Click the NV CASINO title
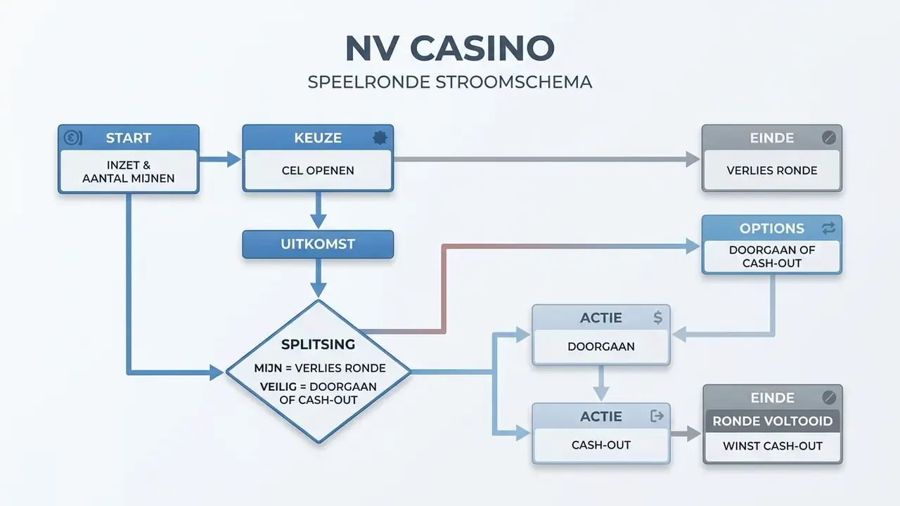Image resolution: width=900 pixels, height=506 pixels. pos(450,48)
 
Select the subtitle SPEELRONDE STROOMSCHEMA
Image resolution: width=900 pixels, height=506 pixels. pos(450,82)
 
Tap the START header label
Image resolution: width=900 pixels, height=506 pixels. pos(129,138)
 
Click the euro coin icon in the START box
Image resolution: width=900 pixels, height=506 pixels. pos(72,138)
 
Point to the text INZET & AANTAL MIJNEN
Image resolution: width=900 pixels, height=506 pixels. pos(129,171)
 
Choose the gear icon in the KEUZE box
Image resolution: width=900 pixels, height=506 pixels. pos(380,138)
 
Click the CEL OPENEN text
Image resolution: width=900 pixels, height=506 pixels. pos(318,171)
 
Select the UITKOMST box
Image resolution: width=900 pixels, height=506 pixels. pos(318,244)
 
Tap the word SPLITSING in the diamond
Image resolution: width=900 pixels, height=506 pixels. pos(318,344)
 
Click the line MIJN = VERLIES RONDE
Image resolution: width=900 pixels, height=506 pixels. pos(320,368)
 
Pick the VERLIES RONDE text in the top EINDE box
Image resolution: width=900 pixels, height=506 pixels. pos(772,171)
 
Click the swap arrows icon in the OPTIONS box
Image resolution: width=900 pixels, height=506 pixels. pos(828,228)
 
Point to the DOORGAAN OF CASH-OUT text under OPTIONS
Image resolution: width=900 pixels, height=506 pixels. pos(772,257)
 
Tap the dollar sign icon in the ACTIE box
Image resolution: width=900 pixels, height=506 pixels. pos(657,318)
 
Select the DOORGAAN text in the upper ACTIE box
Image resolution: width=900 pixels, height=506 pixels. pos(601,346)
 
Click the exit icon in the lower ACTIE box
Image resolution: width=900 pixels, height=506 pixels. pos(657,416)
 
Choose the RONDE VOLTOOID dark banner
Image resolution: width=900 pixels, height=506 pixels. pos(773,421)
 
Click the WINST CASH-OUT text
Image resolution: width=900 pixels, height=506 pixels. pos(773,446)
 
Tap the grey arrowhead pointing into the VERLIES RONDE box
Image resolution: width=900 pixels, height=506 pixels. pos(693,160)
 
